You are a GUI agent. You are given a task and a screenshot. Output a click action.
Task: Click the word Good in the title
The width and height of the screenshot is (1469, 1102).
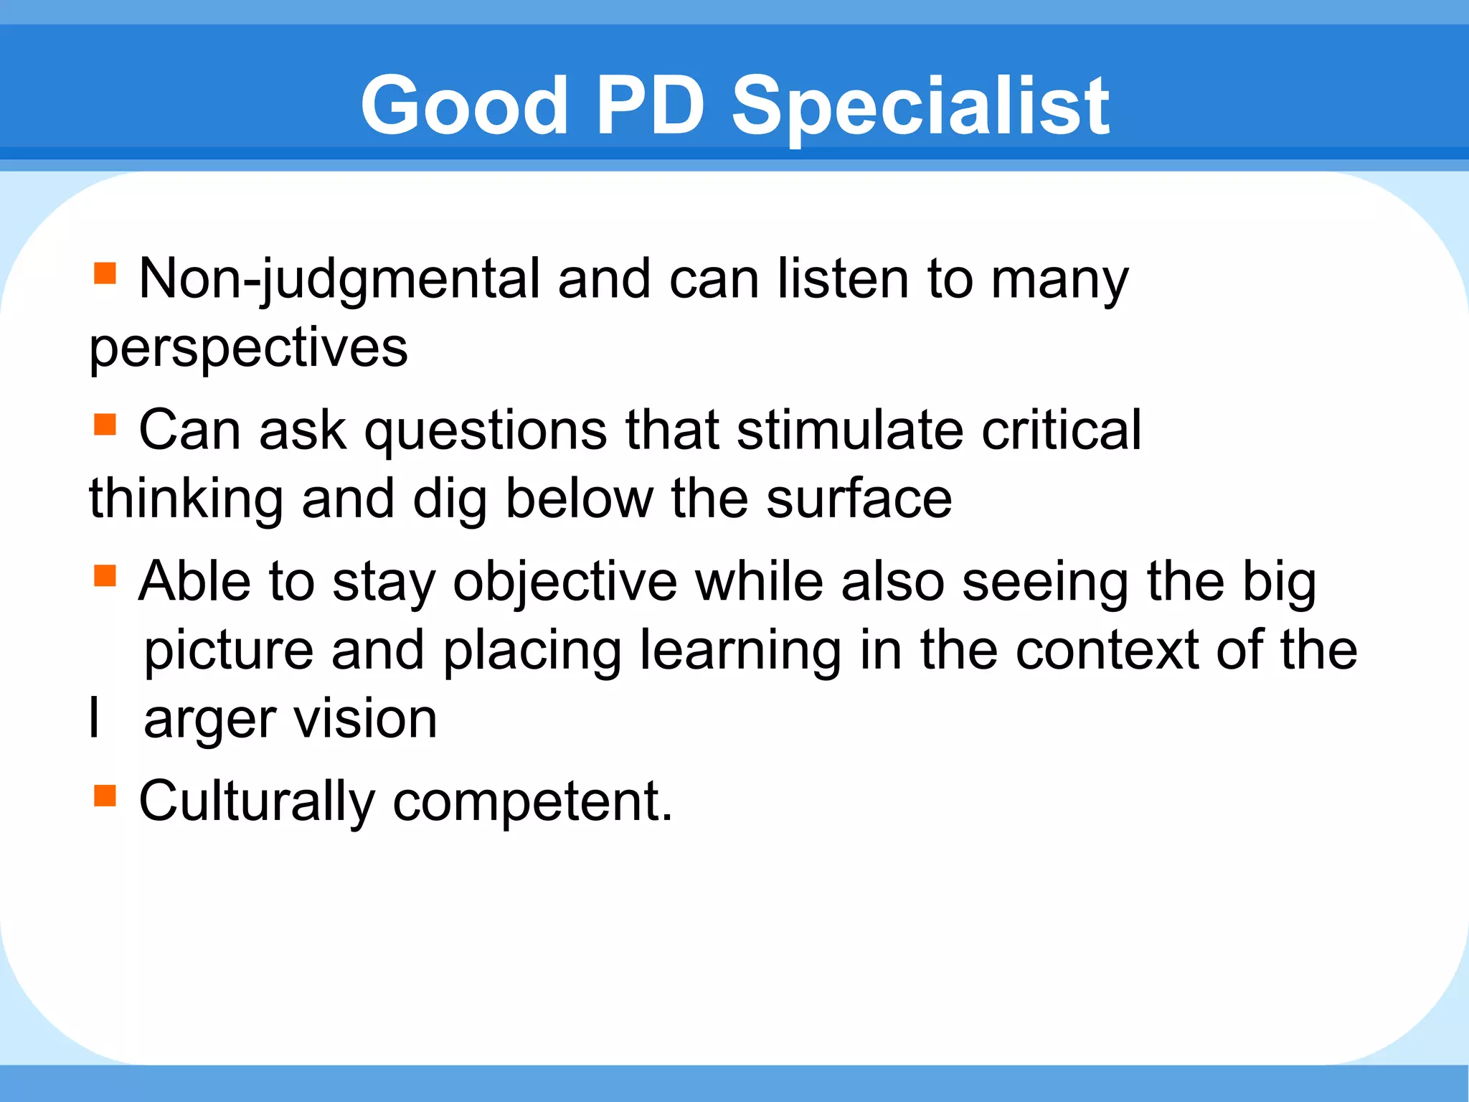click(x=464, y=106)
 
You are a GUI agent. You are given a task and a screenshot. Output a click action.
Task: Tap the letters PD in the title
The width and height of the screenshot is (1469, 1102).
click(x=650, y=106)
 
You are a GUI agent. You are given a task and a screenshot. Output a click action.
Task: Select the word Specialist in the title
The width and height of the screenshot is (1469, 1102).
click(x=920, y=108)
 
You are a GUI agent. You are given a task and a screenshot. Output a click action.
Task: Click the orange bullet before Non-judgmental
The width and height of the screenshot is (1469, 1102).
click(x=105, y=273)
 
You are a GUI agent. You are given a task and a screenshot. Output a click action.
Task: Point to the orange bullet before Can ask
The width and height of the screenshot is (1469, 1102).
click(x=105, y=424)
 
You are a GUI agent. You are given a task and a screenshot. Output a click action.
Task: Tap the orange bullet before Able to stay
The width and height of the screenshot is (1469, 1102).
click(x=105, y=575)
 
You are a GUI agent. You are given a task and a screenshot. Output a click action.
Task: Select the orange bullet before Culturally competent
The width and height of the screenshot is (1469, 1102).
click(x=105, y=795)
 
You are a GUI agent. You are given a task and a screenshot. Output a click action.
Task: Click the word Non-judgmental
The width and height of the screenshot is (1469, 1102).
click(x=339, y=280)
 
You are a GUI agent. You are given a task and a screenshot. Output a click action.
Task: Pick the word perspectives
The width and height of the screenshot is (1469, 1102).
click(x=248, y=349)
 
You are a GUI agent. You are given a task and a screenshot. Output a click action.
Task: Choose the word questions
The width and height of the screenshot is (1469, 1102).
click(x=486, y=430)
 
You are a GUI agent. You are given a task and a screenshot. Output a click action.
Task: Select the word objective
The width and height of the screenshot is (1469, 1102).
click(x=565, y=581)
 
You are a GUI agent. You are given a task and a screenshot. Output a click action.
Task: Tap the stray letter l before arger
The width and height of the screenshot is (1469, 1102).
click(x=94, y=717)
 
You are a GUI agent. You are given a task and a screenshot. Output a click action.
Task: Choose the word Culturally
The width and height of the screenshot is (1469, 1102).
click(x=257, y=801)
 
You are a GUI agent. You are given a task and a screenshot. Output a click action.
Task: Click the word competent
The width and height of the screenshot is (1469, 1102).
click(x=532, y=801)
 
